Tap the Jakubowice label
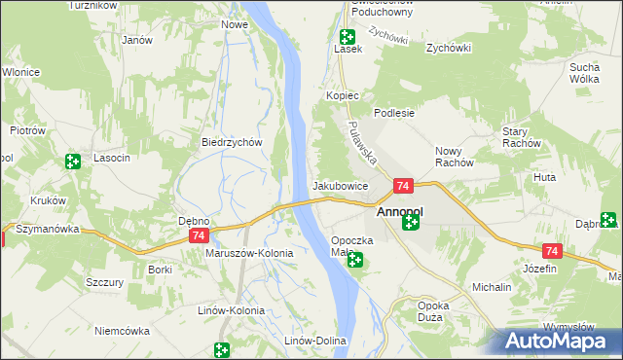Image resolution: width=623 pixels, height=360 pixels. pos(340,185)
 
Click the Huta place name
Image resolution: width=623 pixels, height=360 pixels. pos(545,178)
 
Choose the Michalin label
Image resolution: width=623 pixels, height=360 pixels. pos(492,288)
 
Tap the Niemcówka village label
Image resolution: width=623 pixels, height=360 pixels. pos(123,331)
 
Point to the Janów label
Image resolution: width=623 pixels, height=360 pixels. pos(137,40)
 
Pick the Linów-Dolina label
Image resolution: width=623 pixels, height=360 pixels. pos(314,341)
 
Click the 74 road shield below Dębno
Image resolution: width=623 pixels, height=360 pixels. pos(199,236)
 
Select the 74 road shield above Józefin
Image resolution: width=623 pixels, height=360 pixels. pos(551,250)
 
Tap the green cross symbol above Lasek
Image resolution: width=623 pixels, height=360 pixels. pos(347,37)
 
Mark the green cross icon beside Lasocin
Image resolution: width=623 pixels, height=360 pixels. pos(72,162)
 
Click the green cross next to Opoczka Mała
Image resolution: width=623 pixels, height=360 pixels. pos(356,260)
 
